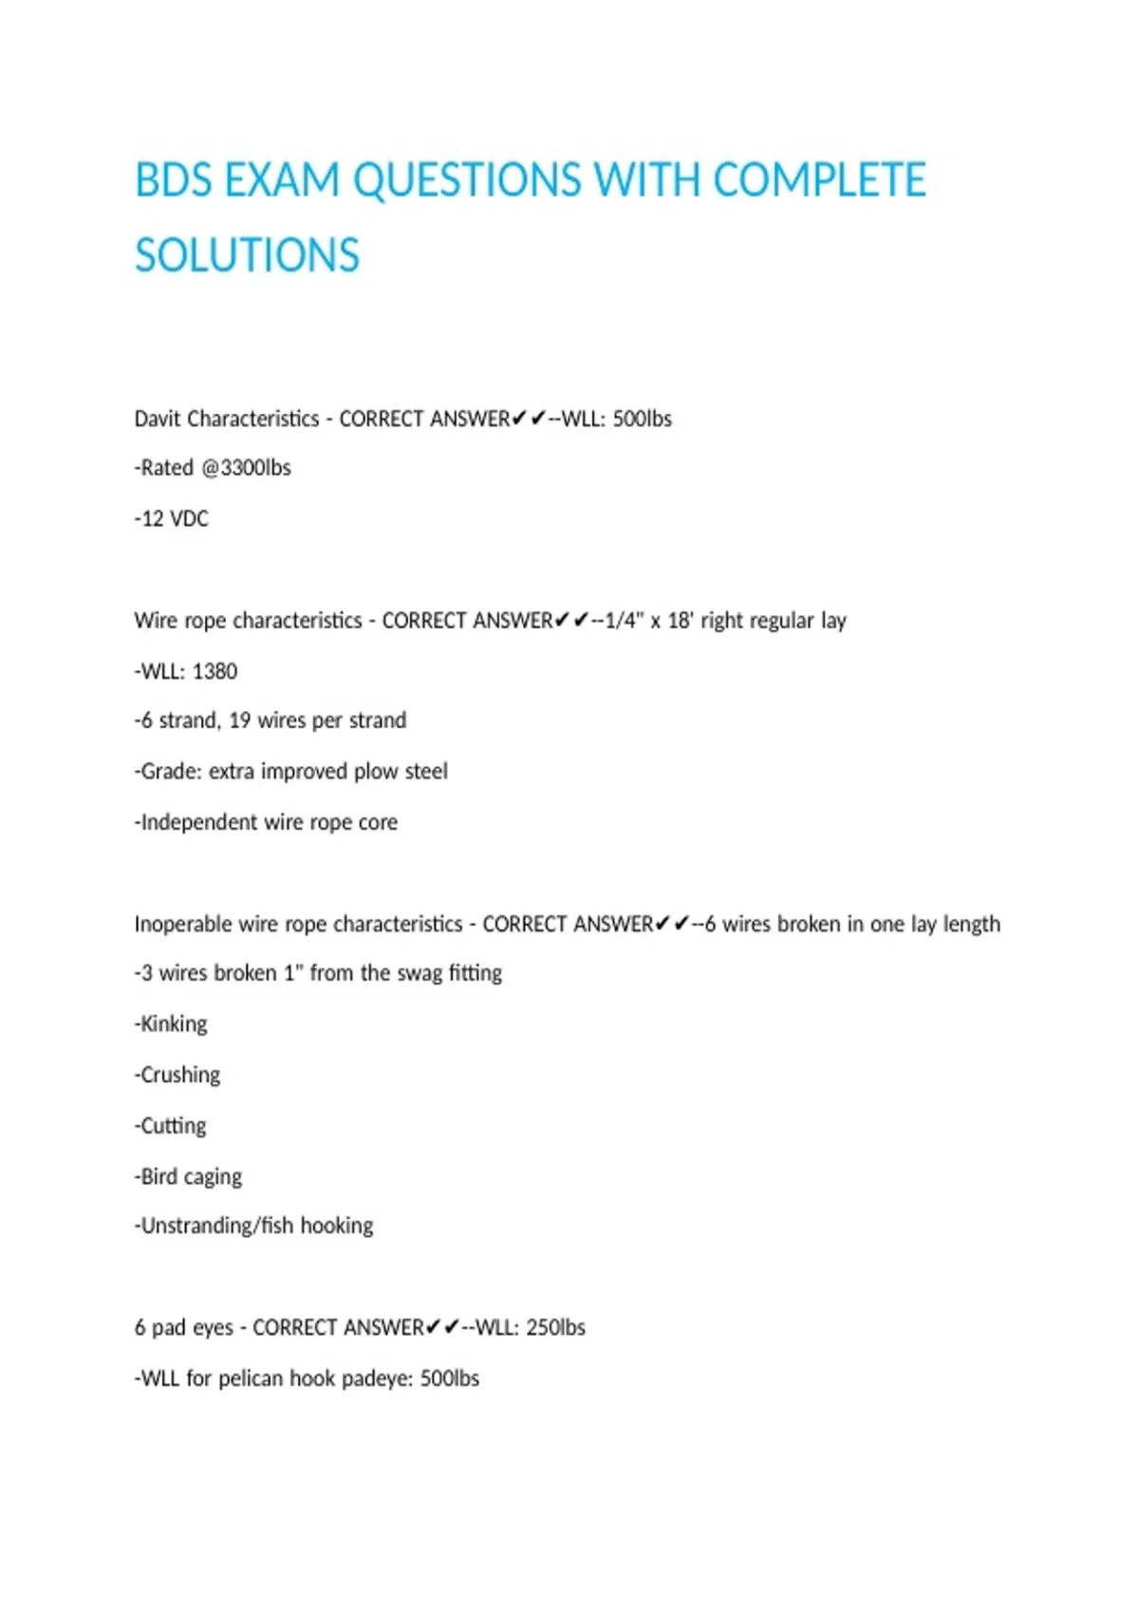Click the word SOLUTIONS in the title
[247, 255]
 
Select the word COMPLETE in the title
[819, 180]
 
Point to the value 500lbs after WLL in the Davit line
[642, 419]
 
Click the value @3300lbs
[246, 468]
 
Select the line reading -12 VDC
[171, 518]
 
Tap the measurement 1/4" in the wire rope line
[624, 621]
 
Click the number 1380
[215, 671]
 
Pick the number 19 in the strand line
[239, 721]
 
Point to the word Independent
[197, 822]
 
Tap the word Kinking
[174, 1024]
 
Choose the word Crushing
[180, 1075]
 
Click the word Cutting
[173, 1126]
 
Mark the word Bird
[159, 1176]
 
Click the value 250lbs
[555, 1327]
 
